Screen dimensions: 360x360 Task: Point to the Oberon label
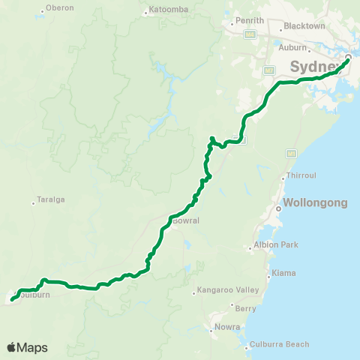pos(59,7)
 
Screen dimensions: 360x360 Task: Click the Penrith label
pos(250,20)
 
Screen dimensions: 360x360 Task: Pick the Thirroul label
pos(303,177)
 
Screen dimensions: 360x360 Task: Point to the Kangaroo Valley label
pos(229,290)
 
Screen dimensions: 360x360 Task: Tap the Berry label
pos(245,307)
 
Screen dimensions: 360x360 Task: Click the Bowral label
pos(184,221)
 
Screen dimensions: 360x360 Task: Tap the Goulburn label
pos(34,295)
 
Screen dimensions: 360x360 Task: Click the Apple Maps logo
pos(27,347)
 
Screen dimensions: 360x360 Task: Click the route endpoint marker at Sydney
pos(348,58)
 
